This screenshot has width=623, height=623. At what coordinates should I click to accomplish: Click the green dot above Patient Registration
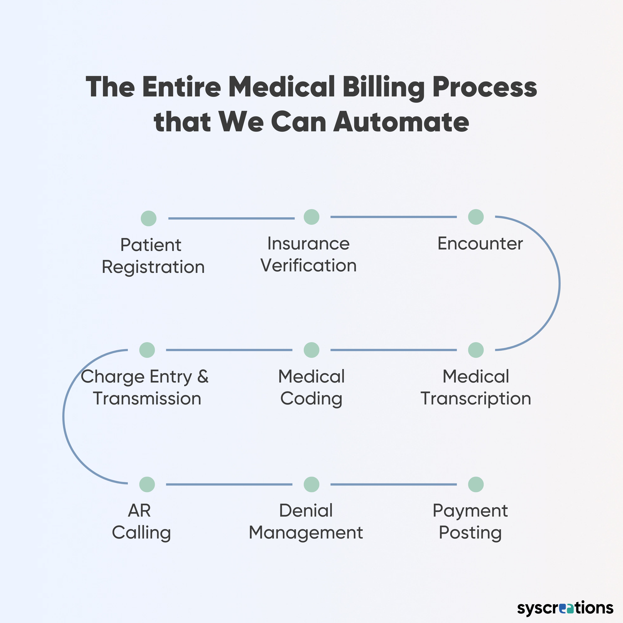(x=149, y=218)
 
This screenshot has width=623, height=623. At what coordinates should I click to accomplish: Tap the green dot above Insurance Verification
(x=311, y=217)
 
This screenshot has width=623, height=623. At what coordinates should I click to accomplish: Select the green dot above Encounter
(x=476, y=217)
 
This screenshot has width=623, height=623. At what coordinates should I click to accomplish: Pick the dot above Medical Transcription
(x=476, y=350)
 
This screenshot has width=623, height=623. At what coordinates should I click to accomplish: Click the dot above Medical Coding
(x=311, y=350)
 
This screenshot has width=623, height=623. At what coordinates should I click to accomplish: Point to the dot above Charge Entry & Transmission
(x=147, y=350)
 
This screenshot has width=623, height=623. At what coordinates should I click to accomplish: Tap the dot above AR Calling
(x=147, y=484)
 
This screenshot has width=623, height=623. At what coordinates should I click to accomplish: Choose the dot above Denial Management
(x=311, y=484)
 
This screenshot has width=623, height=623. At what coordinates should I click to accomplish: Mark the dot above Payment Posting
(x=476, y=484)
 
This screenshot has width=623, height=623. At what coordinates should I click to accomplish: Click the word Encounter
(x=480, y=243)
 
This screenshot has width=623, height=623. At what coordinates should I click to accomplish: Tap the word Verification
(x=309, y=265)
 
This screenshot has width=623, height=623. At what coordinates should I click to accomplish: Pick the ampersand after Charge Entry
(x=203, y=376)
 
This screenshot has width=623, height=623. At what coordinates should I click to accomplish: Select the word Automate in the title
(x=401, y=122)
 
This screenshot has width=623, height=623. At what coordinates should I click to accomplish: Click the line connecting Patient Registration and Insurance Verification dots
(x=232, y=218)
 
